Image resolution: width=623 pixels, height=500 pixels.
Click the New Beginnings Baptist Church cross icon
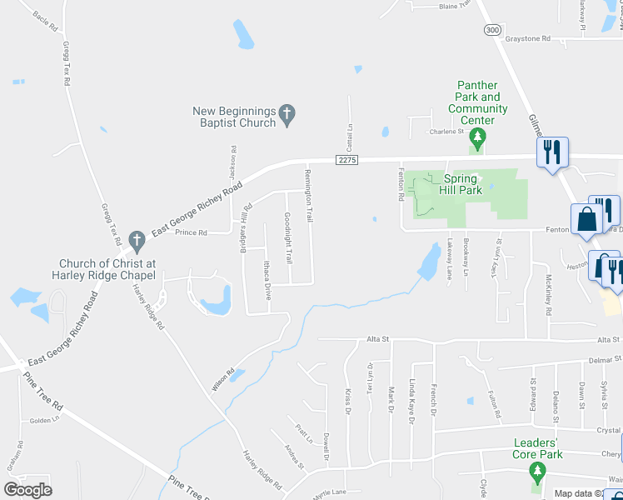(x=287, y=115)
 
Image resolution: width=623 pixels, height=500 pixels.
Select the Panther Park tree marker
(x=477, y=137)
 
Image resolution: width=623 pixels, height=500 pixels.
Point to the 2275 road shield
(x=348, y=159)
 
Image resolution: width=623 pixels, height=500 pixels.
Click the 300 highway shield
(x=492, y=29)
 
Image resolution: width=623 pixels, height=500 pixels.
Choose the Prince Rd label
(x=191, y=232)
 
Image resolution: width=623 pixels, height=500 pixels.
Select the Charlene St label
(x=446, y=132)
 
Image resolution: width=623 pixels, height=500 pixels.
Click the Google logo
(x=27, y=490)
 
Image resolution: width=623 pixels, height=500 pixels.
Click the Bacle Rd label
(x=46, y=22)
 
